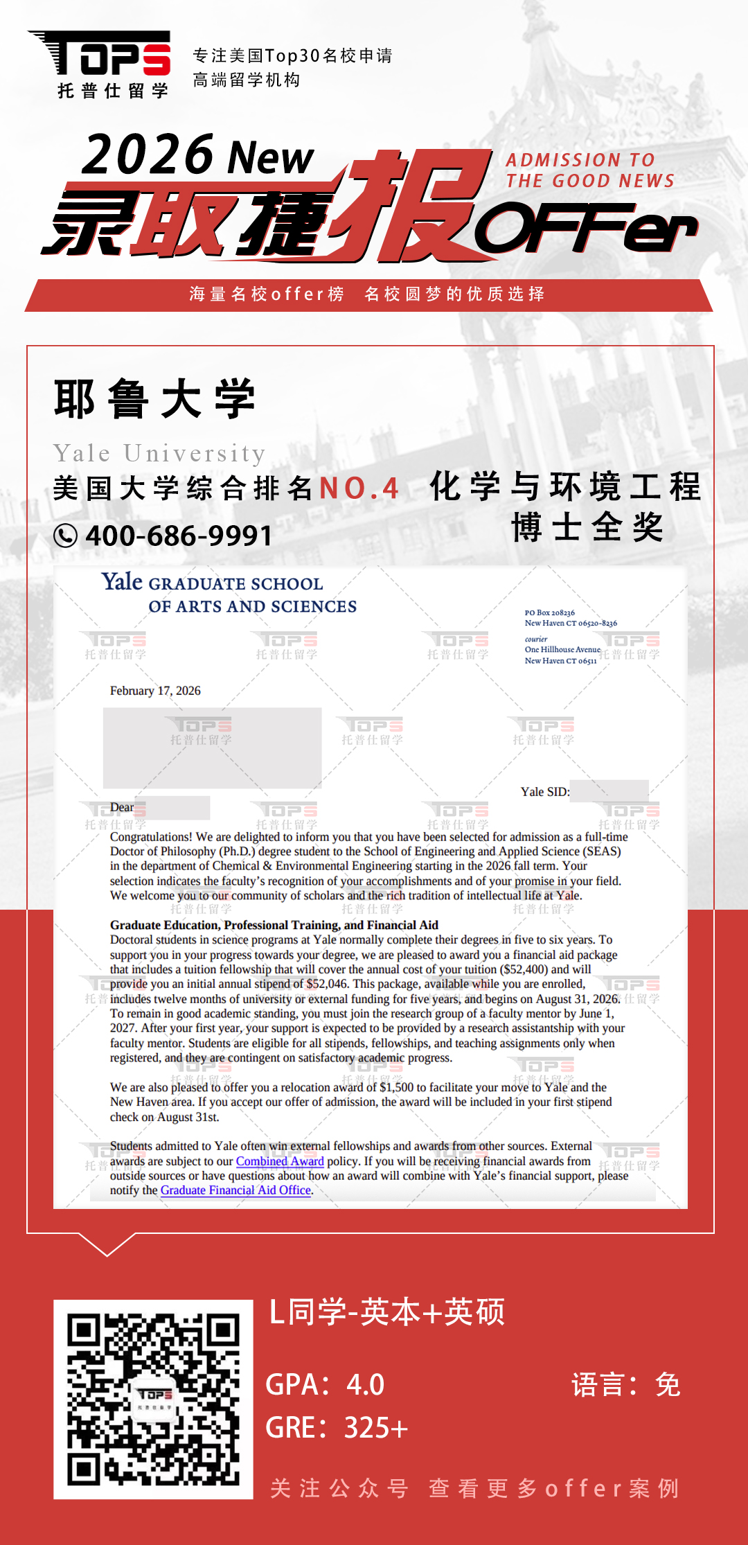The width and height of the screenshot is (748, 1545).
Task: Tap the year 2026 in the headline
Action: coord(147,155)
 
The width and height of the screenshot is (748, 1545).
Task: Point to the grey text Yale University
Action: coord(159,453)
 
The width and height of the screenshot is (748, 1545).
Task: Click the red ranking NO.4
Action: coord(359,488)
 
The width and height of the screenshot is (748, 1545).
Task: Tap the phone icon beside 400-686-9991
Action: coord(65,536)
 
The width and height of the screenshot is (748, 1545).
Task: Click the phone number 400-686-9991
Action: coord(179,536)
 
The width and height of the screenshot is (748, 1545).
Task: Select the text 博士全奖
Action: coord(587,527)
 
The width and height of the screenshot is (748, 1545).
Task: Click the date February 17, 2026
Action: coord(155,691)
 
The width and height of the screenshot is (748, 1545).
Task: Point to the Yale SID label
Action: coord(544,792)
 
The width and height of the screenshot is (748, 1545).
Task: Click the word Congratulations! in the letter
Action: coord(151,837)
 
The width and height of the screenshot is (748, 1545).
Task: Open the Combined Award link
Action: coord(280,1161)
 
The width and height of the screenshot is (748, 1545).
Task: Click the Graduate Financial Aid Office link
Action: coord(235,1190)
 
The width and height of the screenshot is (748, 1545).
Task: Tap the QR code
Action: coord(153,1399)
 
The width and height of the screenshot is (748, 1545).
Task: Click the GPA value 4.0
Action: coord(365,1384)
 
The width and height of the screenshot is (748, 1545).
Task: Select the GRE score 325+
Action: coord(376,1428)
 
